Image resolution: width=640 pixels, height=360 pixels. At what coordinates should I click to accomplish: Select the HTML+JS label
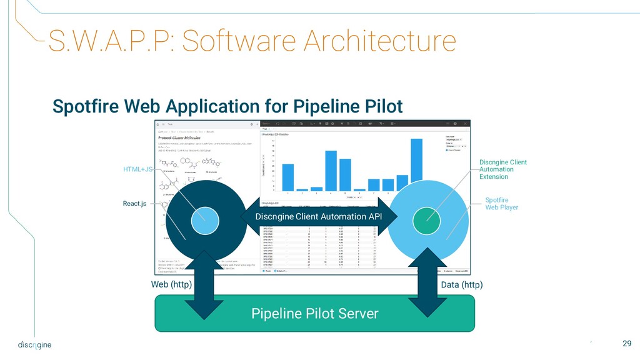coord(137,169)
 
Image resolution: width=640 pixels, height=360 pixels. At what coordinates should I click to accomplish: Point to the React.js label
coord(134,204)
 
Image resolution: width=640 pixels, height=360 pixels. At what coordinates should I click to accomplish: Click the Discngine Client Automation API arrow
coord(319,216)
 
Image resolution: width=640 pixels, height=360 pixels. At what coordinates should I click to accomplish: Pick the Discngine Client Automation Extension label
coord(502,169)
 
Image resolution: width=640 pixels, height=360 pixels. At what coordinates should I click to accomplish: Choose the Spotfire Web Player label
coord(501,204)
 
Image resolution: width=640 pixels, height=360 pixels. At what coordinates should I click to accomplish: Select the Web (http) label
coord(171,284)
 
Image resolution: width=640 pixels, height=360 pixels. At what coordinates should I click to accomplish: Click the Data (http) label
coord(462,284)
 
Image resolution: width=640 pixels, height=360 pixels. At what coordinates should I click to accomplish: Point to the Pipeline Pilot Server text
coord(315,313)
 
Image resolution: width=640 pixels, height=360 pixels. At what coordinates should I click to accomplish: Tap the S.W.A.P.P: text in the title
coord(102,41)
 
